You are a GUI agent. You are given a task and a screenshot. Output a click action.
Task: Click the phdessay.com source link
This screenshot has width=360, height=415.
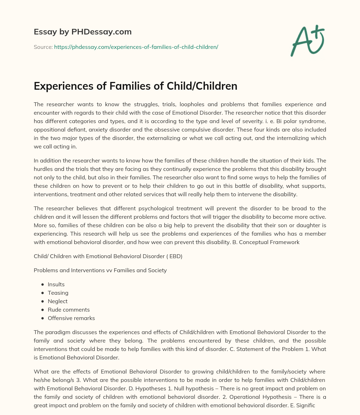tap(136, 47)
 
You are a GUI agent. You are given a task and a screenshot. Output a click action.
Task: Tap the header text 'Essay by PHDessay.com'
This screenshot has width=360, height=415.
tap(83, 32)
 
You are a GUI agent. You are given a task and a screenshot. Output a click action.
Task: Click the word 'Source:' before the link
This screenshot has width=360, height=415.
tap(43, 47)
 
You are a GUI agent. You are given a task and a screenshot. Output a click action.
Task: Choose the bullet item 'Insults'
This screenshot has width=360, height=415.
tap(56, 285)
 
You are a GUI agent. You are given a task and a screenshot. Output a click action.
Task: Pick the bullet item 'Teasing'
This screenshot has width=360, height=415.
tap(58, 293)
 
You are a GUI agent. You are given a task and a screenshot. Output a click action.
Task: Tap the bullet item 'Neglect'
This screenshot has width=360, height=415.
tap(58, 301)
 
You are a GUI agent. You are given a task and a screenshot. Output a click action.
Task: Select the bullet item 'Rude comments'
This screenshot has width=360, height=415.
tap(69, 310)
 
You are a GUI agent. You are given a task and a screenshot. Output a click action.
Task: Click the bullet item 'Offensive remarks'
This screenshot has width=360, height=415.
tap(71, 318)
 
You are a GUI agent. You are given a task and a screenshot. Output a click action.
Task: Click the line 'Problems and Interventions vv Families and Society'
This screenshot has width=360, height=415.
tap(100, 270)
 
